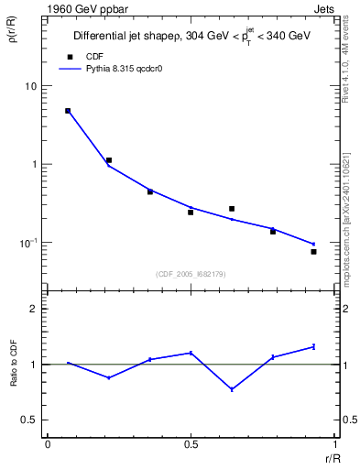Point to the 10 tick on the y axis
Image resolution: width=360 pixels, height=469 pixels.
tap(29, 86)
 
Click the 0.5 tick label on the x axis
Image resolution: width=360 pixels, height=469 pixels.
tap(191, 444)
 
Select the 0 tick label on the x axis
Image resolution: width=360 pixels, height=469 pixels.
tap(48, 444)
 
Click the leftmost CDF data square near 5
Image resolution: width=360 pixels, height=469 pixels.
tap(68, 111)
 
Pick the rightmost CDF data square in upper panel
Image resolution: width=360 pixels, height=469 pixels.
tap(313, 251)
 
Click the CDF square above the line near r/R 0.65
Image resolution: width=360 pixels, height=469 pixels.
tap(232, 209)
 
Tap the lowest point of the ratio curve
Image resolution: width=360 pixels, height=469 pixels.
tap(232, 389)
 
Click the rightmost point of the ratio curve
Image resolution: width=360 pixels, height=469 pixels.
tap(313, 346)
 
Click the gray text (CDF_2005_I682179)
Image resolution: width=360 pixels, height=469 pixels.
tap(191, 272)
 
